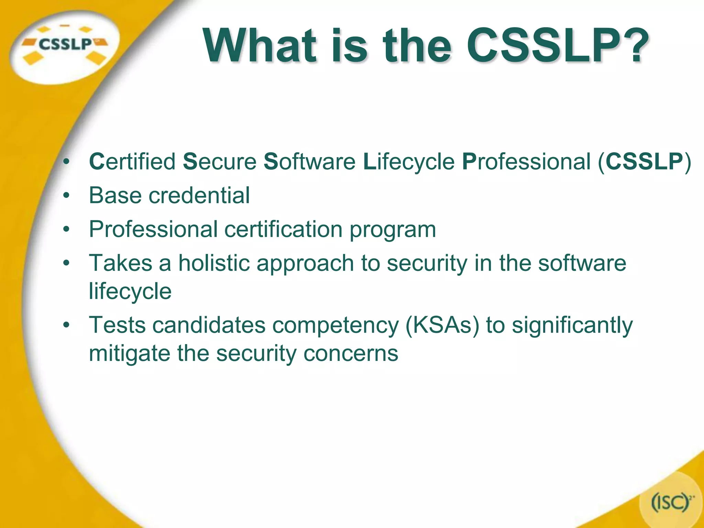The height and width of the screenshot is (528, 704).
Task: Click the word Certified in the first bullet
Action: point(132,161)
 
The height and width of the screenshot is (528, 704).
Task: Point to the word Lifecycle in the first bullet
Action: point(409,161)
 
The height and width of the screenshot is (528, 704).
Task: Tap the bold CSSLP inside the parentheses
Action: point(644,161)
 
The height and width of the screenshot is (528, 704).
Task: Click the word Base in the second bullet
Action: point(115,195)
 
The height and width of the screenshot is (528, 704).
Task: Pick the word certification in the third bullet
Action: point(284,229)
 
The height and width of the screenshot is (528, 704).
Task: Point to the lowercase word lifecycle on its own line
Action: point(130,291)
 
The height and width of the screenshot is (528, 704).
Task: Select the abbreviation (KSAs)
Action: point(442,325)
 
